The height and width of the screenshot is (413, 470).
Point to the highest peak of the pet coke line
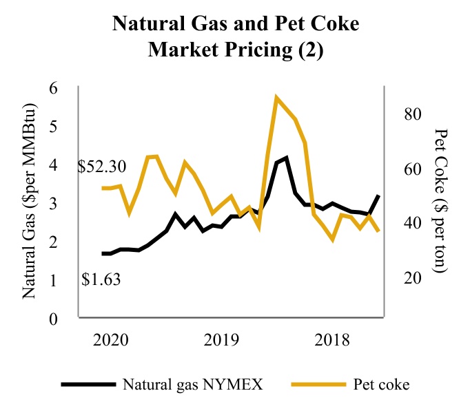tap(277, 98)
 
